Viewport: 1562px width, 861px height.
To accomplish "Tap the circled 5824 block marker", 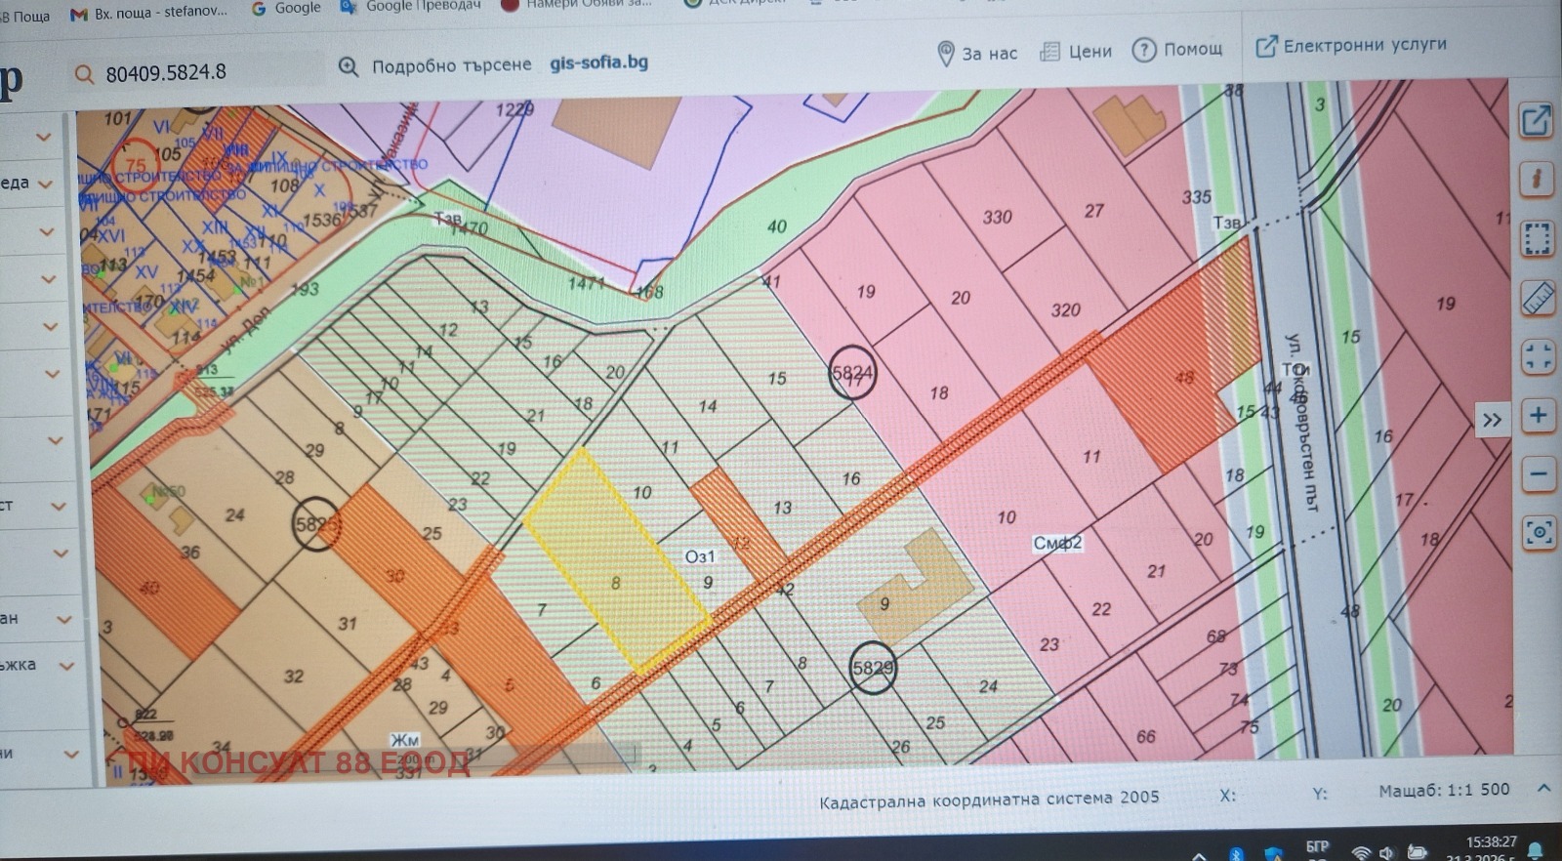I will pos(851,373).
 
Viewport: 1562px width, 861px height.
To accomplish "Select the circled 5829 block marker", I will pos(872,669).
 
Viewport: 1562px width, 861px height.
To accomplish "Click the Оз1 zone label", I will pos(699,556).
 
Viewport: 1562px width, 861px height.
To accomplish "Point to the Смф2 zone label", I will pos(1057,544).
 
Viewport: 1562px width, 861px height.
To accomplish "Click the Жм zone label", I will pos(404,740).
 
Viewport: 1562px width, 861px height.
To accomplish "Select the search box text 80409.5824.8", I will pos(166,72).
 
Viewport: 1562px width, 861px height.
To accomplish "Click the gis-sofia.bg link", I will pos(598,62).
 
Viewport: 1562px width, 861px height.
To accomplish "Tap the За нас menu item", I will pos(977,53).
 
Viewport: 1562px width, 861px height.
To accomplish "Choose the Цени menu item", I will pos(1076,51).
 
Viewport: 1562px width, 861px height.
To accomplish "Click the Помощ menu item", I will pos(1177,49).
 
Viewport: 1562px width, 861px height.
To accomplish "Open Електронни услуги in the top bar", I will pos(1351,45).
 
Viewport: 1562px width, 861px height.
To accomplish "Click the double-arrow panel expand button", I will pos(1492,420).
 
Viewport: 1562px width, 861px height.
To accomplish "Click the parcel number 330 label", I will pos(997,217).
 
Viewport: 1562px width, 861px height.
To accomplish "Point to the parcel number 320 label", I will pos(1065,310).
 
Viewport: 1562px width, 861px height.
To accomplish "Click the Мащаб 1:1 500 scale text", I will pos(1444,790).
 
